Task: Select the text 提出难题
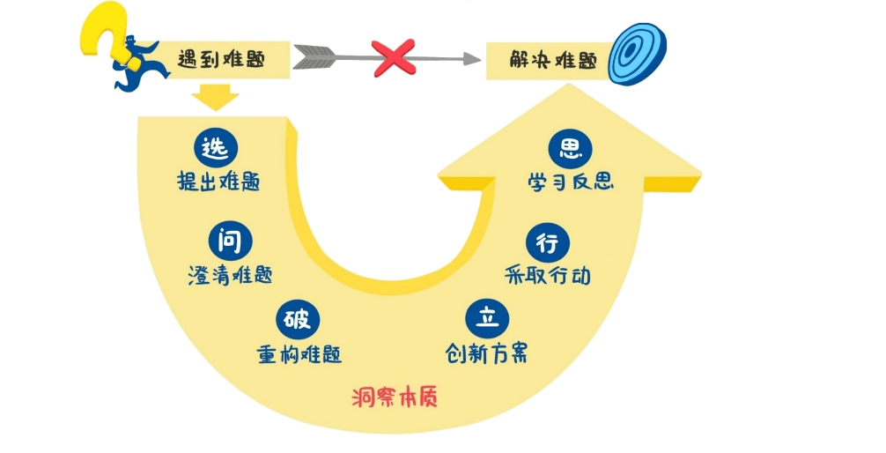coord(218,182)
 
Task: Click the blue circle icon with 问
coord(231,239)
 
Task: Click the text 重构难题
coord(299,353)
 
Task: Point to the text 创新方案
coord(487,353)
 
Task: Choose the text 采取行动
coord(547,276)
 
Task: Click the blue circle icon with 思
coord(570,148)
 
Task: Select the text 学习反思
coord(571,182)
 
